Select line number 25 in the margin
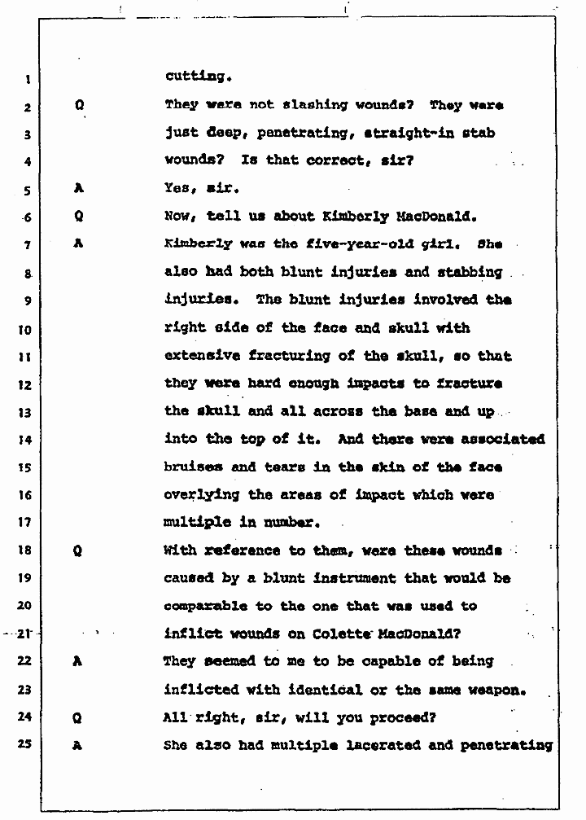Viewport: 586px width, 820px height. (x=26, y=745)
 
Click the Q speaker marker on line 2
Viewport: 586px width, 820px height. (x=79, y=106)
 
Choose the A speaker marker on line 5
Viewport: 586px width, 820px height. (x=79, y=189)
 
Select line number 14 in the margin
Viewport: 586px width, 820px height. (x=26, y=440)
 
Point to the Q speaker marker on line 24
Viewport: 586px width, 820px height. (x=77, y=717)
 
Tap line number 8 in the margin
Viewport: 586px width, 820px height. (x=26, y=274)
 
